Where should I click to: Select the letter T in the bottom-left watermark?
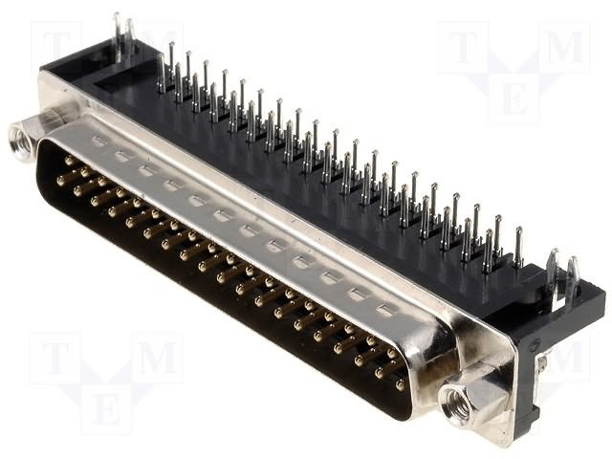[x=55, y=357]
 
